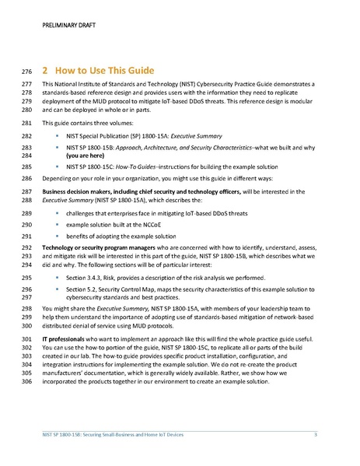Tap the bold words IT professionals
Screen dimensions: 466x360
point(61,339)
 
